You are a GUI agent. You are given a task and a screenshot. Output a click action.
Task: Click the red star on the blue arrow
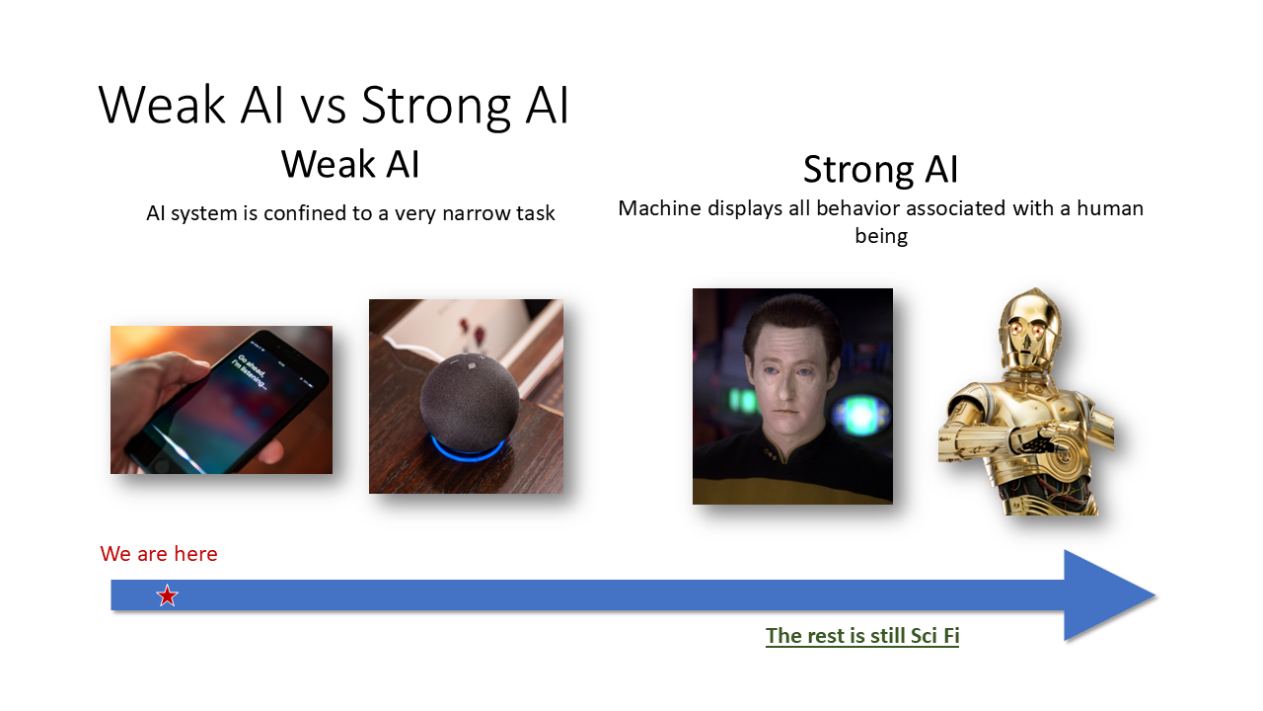(x=168, y=595)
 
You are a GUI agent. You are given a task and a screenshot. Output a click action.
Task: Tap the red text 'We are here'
(x=159, y=554)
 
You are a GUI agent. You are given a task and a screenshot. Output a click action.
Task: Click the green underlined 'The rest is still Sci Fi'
(x=862, y=636)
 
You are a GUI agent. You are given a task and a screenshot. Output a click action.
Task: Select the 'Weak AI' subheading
(x=350, y=164)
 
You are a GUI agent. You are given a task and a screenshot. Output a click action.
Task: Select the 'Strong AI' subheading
(x=881, y=169)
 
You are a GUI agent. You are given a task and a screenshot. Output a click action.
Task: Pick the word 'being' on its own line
(x=881, y=236)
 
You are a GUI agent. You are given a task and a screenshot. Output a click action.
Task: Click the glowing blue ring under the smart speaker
(x=467, y=447)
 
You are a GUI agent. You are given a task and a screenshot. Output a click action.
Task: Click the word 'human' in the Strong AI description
(x=1110, y=208)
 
